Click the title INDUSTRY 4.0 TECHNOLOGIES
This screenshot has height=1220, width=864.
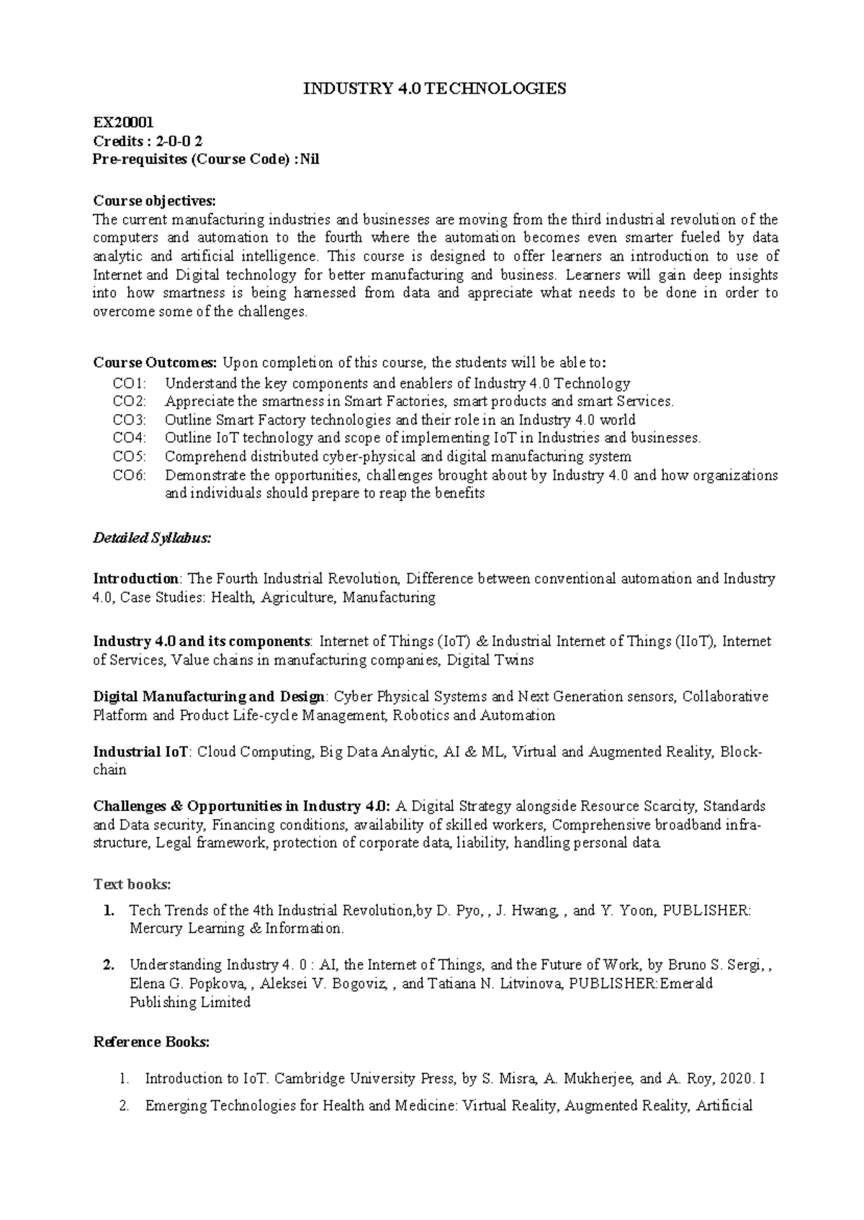point(434,89)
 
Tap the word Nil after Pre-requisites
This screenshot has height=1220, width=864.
point(310,160)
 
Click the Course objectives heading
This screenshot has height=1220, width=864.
point(154,200)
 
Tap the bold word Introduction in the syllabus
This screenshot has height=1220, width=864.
point(136,579)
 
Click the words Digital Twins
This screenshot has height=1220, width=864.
point(490,660)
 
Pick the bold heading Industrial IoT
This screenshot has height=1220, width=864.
point(141,752)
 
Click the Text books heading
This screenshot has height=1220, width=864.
point(132,884)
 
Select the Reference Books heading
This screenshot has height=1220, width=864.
point(152,1042)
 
